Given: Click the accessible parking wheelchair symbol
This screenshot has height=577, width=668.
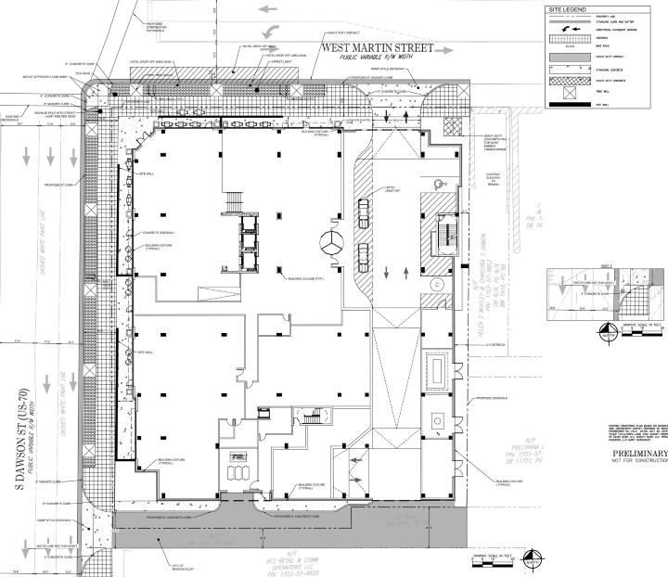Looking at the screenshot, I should pos(444,185).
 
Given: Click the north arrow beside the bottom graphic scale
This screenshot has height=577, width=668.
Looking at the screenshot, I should pos(530,560).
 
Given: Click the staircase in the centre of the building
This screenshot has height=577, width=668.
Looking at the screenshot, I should pos(232,202).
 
